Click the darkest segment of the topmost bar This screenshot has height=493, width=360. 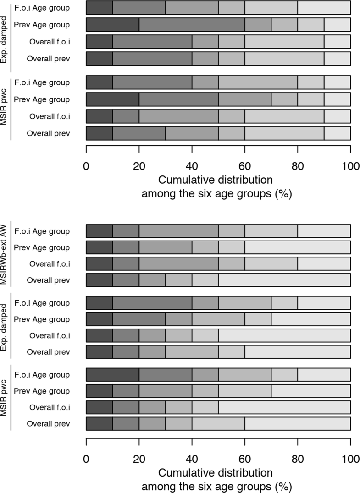99,7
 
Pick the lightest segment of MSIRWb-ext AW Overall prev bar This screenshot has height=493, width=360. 284,280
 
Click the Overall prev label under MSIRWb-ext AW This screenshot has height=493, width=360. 48,280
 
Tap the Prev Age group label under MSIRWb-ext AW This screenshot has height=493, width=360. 43,248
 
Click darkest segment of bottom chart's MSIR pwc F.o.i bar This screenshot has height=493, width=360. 112,375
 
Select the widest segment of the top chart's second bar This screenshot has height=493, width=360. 192,24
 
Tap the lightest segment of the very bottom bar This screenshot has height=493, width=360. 298,424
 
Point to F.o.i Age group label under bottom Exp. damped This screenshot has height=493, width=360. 42,303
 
